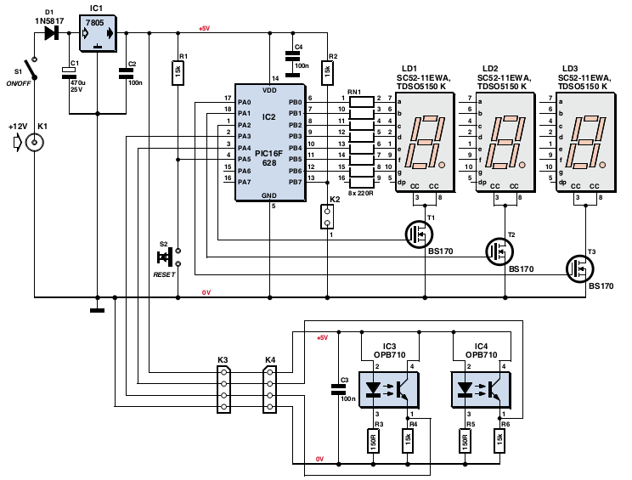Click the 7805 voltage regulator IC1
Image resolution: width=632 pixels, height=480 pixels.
click(98, 33)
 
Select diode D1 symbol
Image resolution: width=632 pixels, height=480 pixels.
click(52, 32)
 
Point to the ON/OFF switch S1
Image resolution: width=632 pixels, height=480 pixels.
click(31, 69)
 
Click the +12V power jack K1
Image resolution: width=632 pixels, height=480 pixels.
click(35, 142)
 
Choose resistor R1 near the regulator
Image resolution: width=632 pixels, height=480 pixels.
click(178, 72)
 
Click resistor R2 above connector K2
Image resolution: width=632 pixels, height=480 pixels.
click(327, 72)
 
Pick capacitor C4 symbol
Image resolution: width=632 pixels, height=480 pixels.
click(292, 64)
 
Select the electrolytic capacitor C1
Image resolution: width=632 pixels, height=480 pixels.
click(69, 73)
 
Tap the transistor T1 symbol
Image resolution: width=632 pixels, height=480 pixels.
click(419, 234)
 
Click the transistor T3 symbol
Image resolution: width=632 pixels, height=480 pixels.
click(579, 268)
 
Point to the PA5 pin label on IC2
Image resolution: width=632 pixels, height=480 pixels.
click(245, 159)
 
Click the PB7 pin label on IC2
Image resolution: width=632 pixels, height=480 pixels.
click(295, 182)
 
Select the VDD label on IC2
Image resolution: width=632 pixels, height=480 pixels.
click(269, 90)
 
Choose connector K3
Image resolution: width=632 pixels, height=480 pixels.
click(223, 389)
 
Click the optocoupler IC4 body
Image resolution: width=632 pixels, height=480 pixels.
click(481, 390)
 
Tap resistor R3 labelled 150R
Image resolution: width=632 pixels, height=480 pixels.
click(373, 441)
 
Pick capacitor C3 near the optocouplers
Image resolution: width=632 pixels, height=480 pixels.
click(338, 389)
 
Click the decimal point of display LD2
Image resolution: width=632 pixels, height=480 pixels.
click(522, 165)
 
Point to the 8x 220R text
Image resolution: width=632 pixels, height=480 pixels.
click(361, 193)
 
